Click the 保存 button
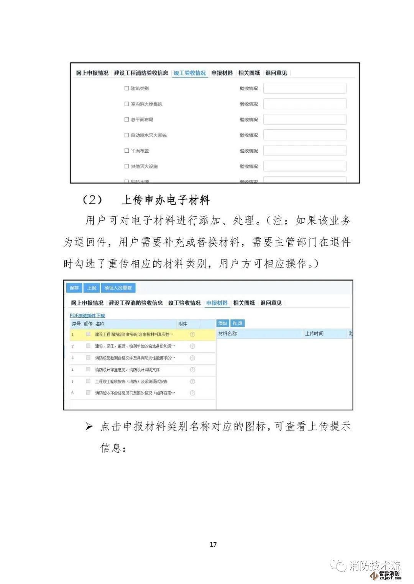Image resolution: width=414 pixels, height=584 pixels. point(74,288)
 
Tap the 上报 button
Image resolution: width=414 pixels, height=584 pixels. point(92,288)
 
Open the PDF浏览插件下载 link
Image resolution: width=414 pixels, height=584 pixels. point(87,315)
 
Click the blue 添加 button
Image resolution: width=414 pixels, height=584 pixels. point(223,323)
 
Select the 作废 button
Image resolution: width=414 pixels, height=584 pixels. point(238,323)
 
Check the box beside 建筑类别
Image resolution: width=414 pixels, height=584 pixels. point(127,88)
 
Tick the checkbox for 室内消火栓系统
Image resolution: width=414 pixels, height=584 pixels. point(127,104)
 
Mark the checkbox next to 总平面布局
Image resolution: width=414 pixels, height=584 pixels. point(127,119)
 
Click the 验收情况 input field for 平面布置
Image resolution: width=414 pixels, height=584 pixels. point(304,151)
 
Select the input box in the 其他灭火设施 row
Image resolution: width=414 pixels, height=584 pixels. point(304,166)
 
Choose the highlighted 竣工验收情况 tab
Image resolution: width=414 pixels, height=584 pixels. point(190,73)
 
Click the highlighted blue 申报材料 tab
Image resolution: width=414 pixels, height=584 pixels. point(217,303)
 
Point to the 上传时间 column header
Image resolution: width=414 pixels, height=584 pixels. point(314,334)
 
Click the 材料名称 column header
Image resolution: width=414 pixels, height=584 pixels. point(228,334)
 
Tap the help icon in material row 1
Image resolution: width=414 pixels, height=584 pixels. point(192,334)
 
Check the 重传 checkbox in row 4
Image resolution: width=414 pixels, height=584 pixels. point(88,369)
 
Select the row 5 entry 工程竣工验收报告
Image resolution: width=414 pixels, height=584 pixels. point(131,382)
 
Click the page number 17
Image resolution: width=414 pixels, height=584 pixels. point(213,545)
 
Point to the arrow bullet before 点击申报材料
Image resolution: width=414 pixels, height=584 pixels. point(89,426)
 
